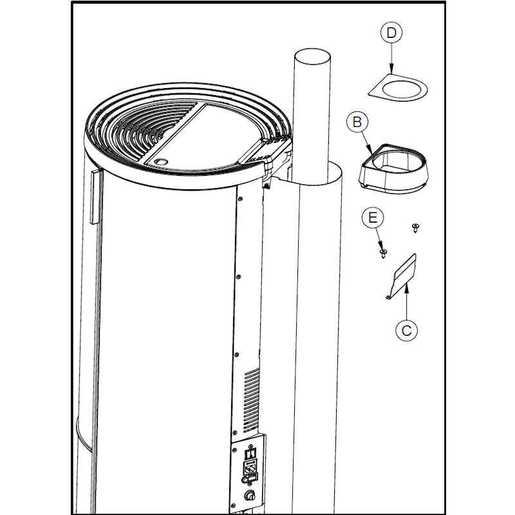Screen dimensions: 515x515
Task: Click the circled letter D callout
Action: pyautogui.click(x=391, y=33)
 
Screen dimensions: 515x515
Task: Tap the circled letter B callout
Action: pyautogui.click(x=357, y=122)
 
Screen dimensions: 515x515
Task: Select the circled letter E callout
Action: pyautogui.click(x=373, y=218)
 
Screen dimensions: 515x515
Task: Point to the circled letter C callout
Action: pyautogui.click(x=407, y=330)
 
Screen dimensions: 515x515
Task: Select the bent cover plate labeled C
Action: pyautogui.click(x=401, y=277)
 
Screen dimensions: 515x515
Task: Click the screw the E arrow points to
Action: pyautogui.click(x=383, y=253)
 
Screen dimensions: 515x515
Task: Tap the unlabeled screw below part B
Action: pyautogui.click(x=415, y=227)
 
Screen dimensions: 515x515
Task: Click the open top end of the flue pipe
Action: pyautogui.click(x=312, y=57)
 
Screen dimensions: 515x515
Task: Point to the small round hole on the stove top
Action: pyautogui.click(x=161, y=162)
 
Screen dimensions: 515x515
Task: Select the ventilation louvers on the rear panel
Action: pyautogui.click(x=252, y=400)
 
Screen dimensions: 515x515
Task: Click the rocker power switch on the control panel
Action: pyautogui.click(x=250, y=454)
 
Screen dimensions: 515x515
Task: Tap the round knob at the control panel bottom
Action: pyautogui.click(x=250, y=495)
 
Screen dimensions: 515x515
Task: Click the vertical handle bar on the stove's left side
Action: pyautogui.click(x=95, y=197)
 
